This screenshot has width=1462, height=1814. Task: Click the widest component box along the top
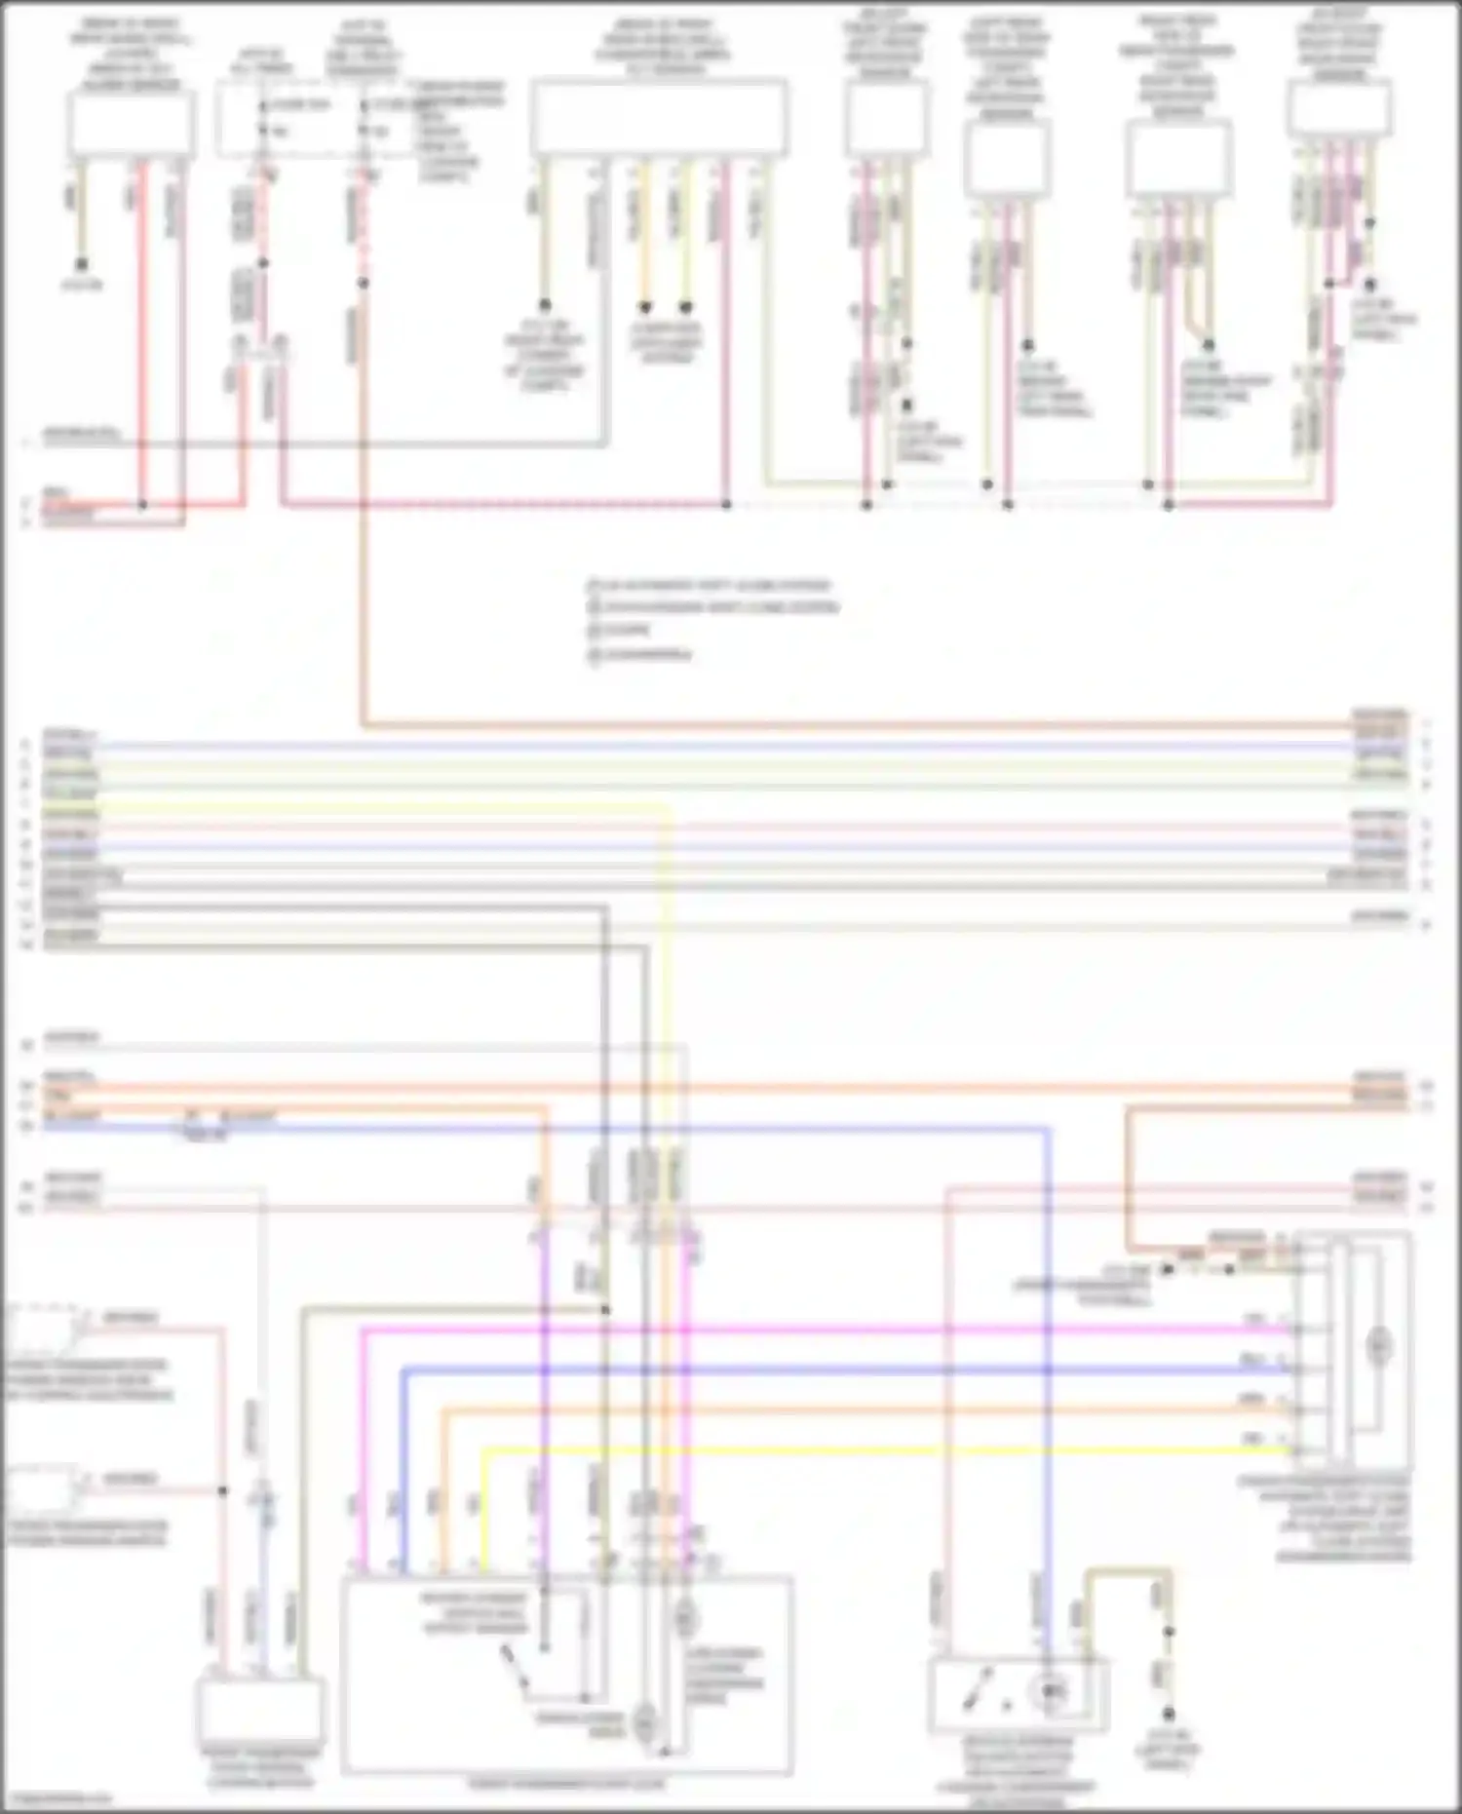click(x=659, y=117)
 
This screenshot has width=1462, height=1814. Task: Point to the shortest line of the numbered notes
click(x=626, y=631)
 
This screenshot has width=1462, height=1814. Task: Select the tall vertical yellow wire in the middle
click(x=668, y=975)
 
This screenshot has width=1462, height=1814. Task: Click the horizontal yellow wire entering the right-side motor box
click(x=877, y=1449)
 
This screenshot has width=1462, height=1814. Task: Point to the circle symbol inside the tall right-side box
click(x=1378, y=1347)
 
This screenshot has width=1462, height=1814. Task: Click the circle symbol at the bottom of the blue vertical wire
click(x=1050, y=1692)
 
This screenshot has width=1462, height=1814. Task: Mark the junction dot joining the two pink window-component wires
click(x=223, y=1491)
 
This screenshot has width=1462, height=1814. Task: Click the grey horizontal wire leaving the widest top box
click(x=322, y=444)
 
